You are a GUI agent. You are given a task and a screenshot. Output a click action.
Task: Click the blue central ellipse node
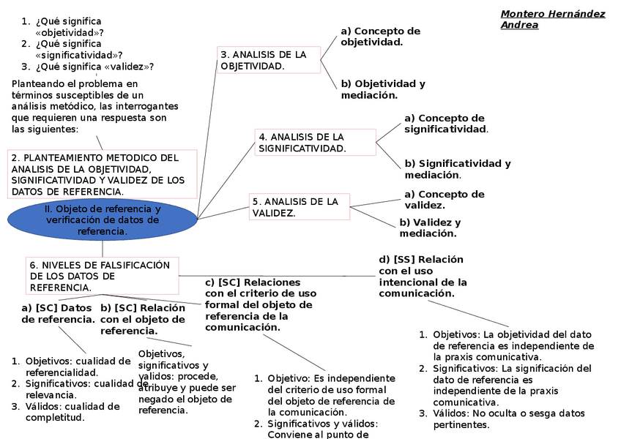(x=103, y=220)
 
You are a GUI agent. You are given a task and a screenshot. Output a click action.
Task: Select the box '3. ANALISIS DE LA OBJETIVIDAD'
(x=269, y=60)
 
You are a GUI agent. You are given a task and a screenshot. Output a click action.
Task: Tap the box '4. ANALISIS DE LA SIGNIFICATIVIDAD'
(x=315, y=142)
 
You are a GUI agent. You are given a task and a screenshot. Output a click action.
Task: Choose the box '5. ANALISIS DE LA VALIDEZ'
(x=299, y=207)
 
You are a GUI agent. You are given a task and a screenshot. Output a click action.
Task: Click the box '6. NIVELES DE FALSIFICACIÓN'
(x=103, y=276)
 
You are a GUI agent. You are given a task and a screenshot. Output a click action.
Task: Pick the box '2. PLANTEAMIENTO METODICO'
(x=103, y=174)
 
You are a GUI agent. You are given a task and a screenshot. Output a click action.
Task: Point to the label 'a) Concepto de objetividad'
(x=380, y=37)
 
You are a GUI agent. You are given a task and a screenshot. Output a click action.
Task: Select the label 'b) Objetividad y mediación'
(x=382, y=89)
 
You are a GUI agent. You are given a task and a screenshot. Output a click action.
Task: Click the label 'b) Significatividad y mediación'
(x=457, y=169)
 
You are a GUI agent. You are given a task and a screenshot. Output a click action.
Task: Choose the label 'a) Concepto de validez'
(x=444, y=200)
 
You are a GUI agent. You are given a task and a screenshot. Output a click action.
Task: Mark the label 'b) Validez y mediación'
(x=430, y=228)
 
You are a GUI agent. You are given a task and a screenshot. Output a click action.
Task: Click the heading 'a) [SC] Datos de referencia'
(x=58, y=313)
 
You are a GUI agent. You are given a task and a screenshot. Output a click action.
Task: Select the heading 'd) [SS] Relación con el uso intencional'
(x=423, y=276)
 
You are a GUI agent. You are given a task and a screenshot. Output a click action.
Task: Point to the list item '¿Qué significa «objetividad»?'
(x=69, y=27)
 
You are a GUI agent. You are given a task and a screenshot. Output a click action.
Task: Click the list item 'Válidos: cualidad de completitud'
(x=71, y=412)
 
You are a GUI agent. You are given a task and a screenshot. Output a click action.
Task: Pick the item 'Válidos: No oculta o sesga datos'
(x=508, y=419)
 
